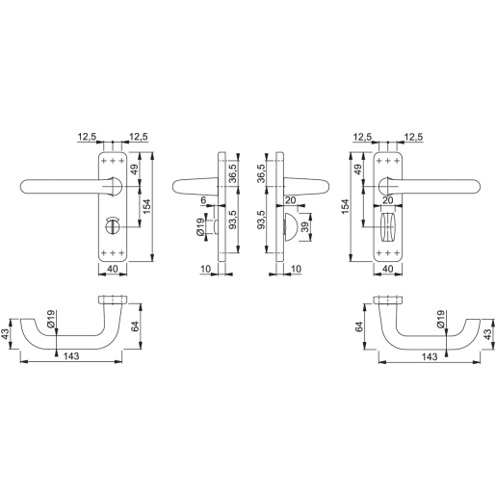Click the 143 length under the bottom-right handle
point(430,356)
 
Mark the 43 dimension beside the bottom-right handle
point(488,333)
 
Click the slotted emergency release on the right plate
point(391,228)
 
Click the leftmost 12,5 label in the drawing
point(88,138)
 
